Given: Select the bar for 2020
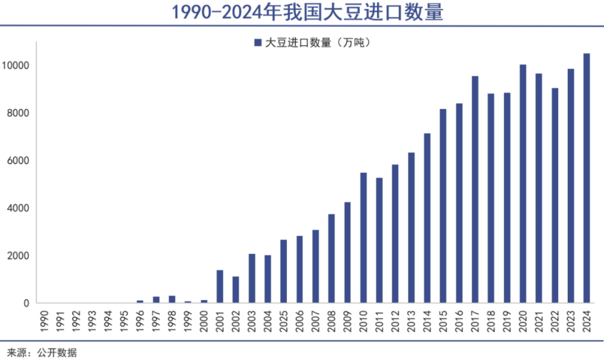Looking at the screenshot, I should pos(522,184).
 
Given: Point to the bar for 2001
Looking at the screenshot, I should pos(220,286).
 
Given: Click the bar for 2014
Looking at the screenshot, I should pos(427,218).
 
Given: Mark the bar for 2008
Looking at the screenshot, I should pos(332,259).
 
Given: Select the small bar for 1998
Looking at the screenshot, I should pos(172,300).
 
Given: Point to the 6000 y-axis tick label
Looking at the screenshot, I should pos(19,161).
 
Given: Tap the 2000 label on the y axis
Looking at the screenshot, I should pos(19,256).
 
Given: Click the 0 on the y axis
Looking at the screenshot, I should pos(27,303).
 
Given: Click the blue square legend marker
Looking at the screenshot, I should pos(257,43).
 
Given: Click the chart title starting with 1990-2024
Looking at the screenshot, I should pos(302,12).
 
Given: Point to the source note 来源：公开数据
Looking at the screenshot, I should pos(42,352).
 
